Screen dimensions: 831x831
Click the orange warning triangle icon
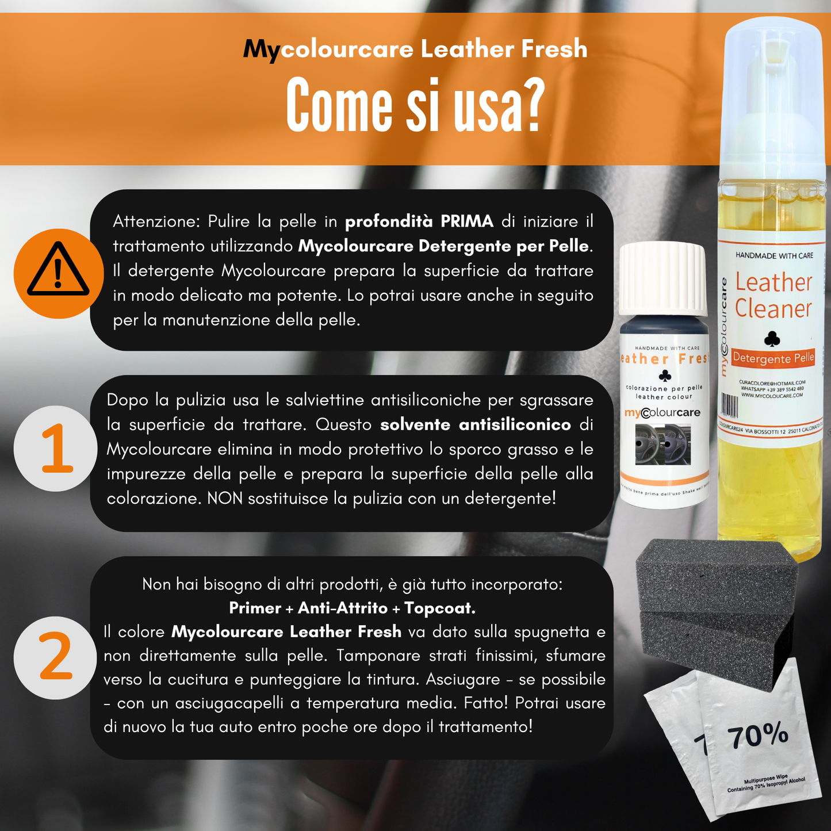point(58,270)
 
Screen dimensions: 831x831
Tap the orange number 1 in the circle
point(57,448)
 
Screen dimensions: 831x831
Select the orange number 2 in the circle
point(56,657)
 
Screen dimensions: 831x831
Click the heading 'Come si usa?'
point(415,106)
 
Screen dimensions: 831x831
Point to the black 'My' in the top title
point(261,49)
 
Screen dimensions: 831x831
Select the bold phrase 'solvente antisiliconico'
point(476,424)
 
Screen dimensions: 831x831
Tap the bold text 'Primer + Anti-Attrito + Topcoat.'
point(352,608)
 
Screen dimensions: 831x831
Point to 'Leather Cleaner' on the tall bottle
point(773,296)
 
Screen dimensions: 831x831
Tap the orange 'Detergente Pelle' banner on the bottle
point(773,358)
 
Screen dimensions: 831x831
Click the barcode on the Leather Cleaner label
point(729,406)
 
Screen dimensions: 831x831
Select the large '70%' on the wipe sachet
point(758,736)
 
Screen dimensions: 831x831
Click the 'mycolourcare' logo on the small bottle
point(662,412)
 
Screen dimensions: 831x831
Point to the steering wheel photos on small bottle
point(662,443)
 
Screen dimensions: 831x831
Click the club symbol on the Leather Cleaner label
point(772,339)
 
